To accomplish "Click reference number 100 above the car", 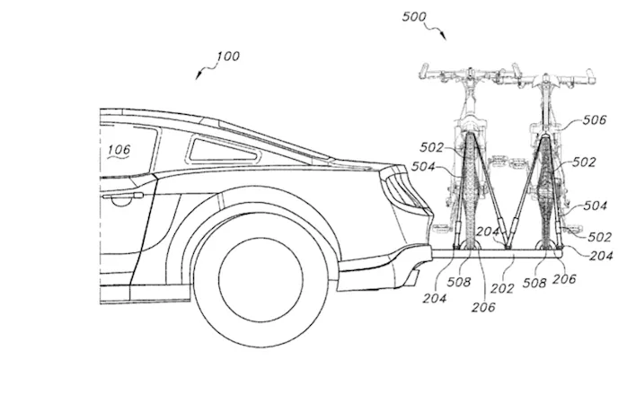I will (x=227, y=57).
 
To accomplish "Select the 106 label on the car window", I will (x=119, y=150).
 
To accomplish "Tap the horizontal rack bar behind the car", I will (x=503, y=254).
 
